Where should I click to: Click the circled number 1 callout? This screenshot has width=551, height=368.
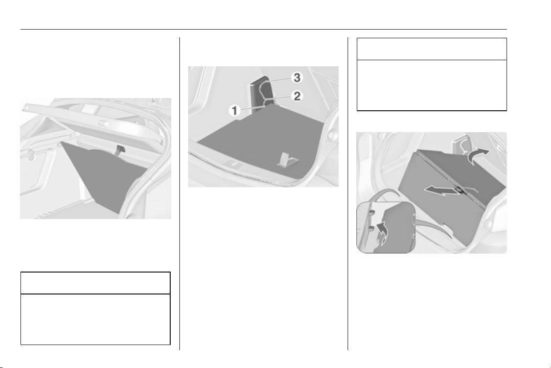point(235,111)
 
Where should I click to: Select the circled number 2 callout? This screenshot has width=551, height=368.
point(297,96)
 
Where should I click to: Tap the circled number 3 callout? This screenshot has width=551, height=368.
point(297,78)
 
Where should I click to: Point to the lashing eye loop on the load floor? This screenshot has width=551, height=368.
point(287,160)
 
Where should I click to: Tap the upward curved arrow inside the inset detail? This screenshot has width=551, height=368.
point(382,232)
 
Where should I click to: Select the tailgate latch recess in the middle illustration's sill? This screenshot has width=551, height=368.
point(232,163)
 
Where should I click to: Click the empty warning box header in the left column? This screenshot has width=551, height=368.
point(96,283)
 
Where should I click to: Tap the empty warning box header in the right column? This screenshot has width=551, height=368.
point(432,49)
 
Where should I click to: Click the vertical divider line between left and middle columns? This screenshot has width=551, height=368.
point(180,193)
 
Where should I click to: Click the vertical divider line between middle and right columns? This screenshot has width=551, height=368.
point(348,193)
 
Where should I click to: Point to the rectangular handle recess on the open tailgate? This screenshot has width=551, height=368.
point(104,123)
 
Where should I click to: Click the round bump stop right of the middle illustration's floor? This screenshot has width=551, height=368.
point(330,135)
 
